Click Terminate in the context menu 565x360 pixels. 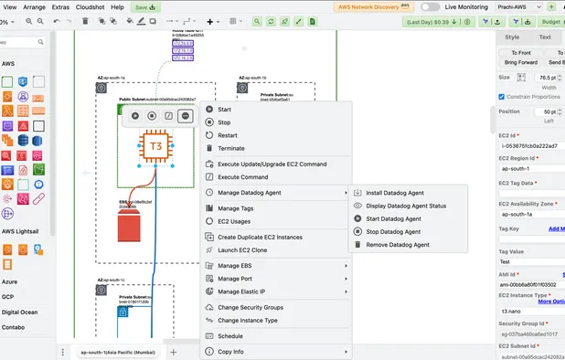(x=230, y=147)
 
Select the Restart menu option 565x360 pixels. (x=228, y=134)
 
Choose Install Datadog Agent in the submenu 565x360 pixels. (x=394, y=193)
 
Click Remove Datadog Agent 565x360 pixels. (x=397, y=245)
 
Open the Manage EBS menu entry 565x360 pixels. (x=239, y=265)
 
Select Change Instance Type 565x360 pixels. (x=247, y=320)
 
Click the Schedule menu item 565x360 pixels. (x=230, y=335)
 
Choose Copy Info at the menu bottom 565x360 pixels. (x=230, y=352)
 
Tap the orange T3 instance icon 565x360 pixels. (x=156, y=147)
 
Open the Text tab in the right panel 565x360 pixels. (x=545, y=37)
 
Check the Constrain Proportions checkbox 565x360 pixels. (x=502, y=96)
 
